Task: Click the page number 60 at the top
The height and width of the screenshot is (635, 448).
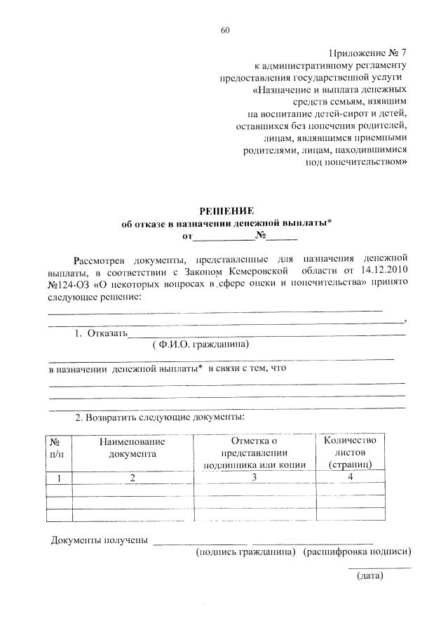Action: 224,30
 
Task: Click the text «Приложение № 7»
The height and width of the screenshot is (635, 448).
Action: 367,53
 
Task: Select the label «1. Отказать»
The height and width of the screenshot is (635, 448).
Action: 101,333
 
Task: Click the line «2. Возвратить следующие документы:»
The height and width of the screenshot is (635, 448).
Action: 160,417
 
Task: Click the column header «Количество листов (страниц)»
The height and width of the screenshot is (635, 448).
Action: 349,452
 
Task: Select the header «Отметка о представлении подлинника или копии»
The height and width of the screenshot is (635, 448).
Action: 254,452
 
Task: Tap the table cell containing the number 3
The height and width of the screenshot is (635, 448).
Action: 255,478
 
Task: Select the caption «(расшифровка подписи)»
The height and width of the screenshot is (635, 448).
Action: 356,552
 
